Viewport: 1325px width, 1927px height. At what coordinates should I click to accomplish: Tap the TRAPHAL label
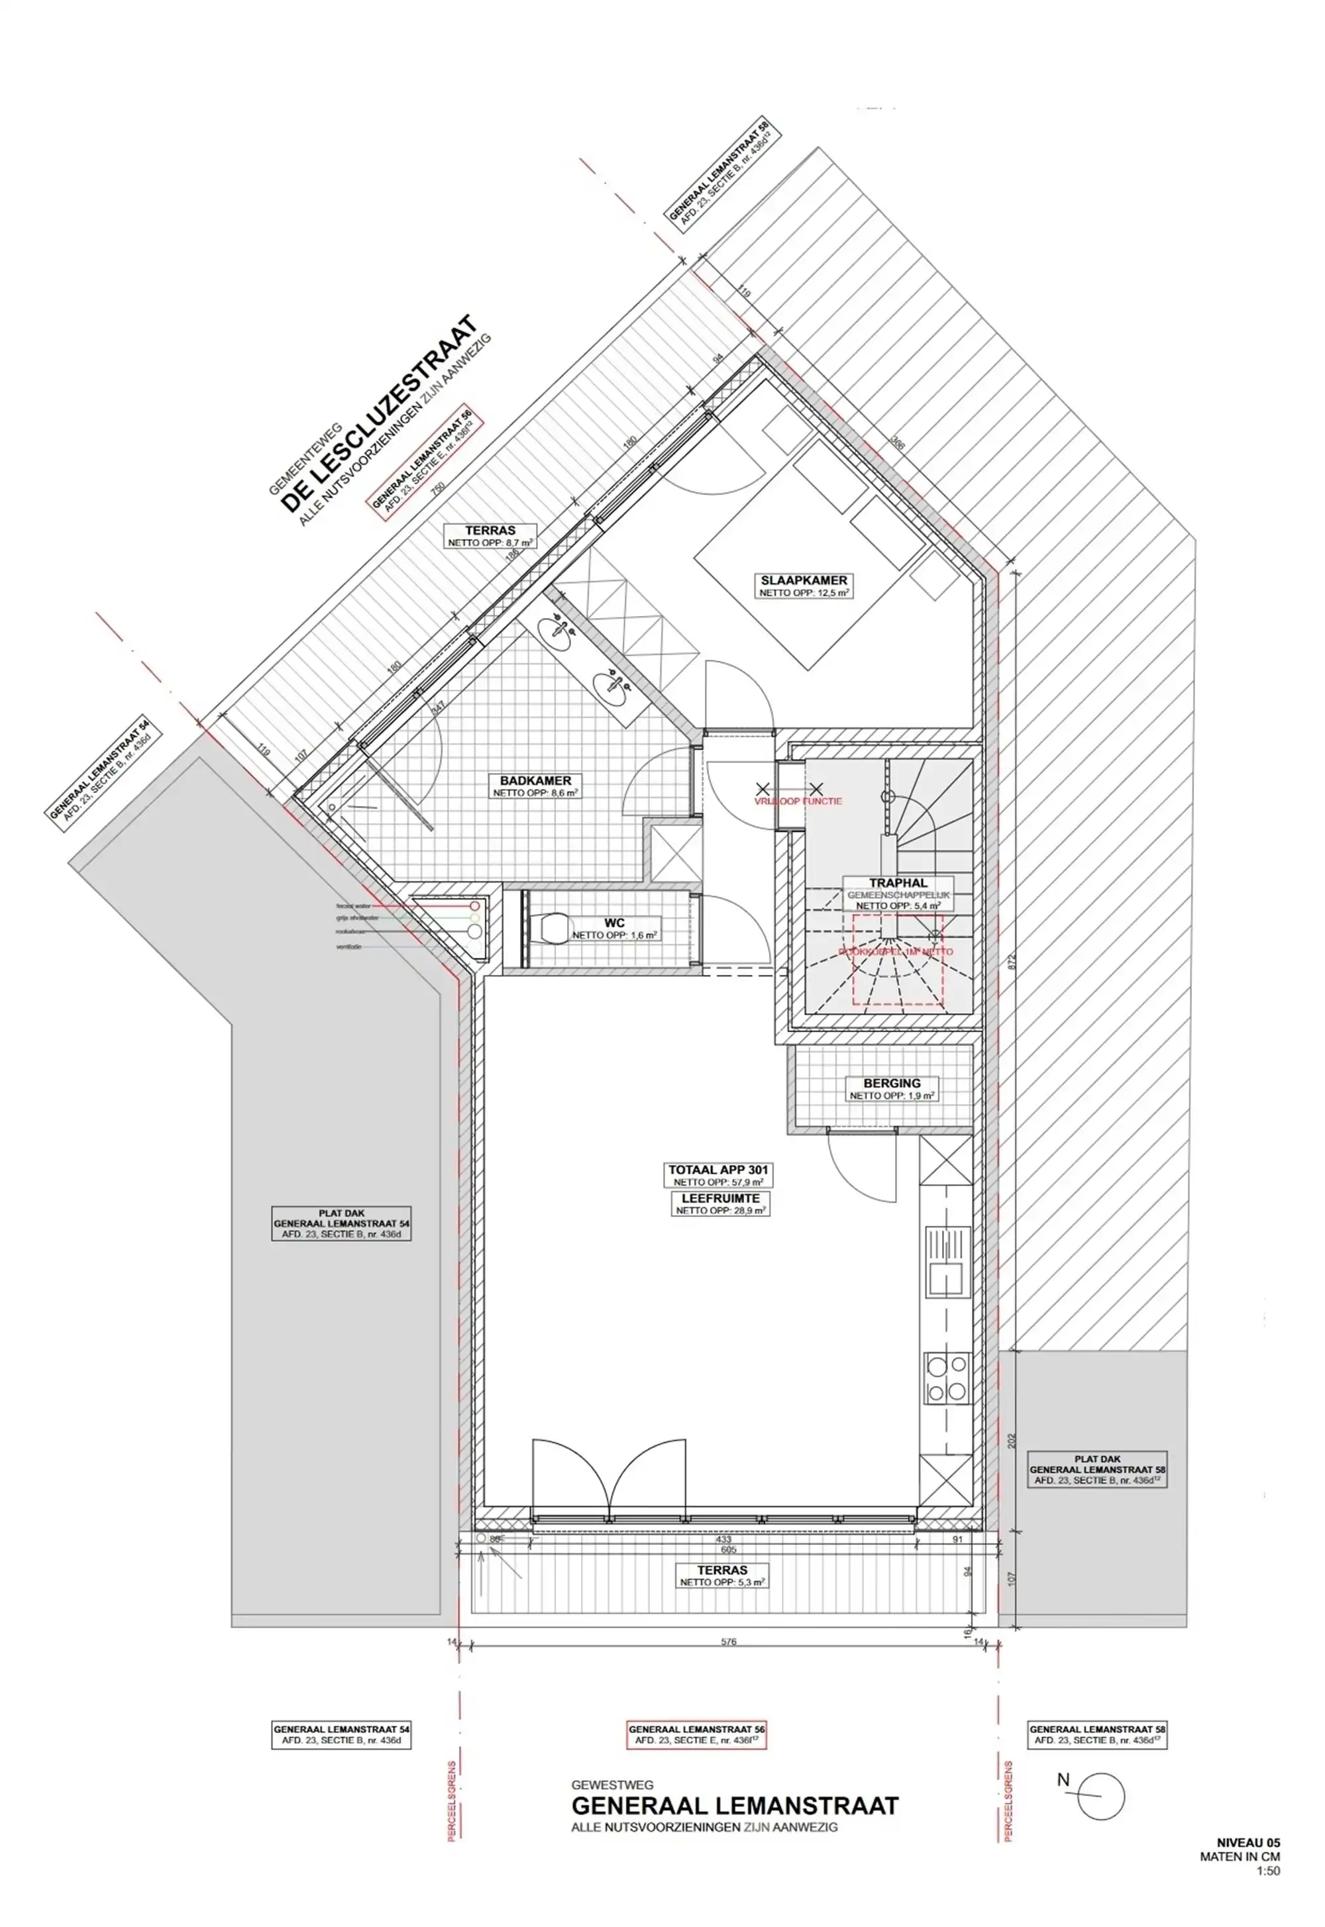[x=898, y=883]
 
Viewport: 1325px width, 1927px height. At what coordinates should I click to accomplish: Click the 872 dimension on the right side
[x=1010, y=963]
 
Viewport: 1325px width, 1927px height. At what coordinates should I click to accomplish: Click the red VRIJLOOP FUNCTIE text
[x=798, y=802]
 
